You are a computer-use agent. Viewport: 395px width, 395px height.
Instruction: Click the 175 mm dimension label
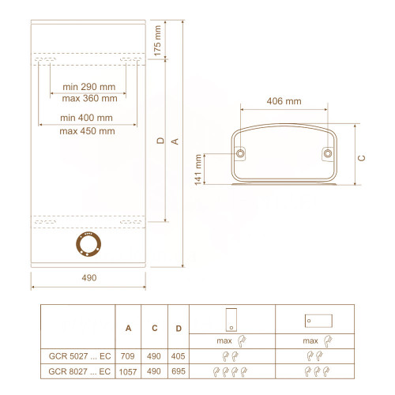pyautogui.click(x=157, y=41)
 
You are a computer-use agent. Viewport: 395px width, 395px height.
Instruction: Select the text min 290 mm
pyautogui.click(x=89, y=87)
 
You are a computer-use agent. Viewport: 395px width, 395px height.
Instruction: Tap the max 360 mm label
pyautogui.click(x=89, y=99)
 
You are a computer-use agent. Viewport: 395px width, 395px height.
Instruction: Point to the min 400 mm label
pyautogui.click(x=86, y=118)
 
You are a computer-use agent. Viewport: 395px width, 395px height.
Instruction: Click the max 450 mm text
pyautogui.click(x=87, y=131)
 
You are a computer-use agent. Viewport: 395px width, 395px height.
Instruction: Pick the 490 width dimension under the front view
pyautogui.click(x=89, y=278)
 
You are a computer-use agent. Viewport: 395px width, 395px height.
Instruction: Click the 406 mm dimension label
pyautogui.click(x=284, y=101)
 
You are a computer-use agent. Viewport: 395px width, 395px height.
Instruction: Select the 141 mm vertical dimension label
pyautogui.click(x=198, y=170)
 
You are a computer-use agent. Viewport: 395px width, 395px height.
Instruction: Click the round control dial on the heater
pyautogui.click(x=88, y=244)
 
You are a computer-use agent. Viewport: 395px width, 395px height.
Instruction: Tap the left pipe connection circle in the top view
pyautogui.click(x=240, y=153)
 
